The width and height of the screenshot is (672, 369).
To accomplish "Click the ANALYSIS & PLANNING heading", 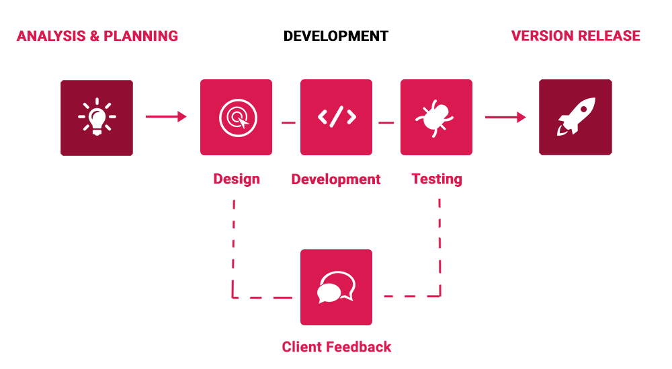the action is [x=97, y=36].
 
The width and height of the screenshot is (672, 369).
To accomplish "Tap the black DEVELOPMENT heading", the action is [x=336, y=36].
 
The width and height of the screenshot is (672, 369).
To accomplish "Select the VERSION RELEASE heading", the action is [x=576, y=36].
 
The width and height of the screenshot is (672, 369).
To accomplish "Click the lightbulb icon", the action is [x=97, y=117].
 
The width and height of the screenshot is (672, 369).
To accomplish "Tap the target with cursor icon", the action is [x=238, y=118].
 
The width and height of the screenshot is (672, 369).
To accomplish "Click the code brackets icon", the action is [x=337, y=117].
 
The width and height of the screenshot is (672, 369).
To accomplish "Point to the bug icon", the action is [x=435, y=118].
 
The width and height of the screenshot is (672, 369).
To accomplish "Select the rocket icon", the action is [x=576, y=116].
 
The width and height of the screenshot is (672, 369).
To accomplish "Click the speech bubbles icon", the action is [x=337, y=287].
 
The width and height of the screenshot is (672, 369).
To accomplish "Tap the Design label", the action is [x=237, y=179].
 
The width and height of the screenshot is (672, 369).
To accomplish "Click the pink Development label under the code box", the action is [x=336, y=179].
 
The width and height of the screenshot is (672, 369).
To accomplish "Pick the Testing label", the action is [x=437, y=179].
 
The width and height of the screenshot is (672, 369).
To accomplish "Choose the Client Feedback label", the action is [x=337, y=347].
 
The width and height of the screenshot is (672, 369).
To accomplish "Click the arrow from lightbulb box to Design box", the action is [x=166, y=116].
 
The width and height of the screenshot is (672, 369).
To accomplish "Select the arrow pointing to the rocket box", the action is [x=505, y=117].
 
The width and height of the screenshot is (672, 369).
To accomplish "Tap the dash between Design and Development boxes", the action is [x=288, y=122].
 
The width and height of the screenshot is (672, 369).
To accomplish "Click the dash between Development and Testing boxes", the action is [x=386, y=122].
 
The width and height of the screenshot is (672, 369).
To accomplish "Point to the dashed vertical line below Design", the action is [x=233, y=248].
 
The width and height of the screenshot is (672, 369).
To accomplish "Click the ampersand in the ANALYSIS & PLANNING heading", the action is [x=94, y=36].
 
